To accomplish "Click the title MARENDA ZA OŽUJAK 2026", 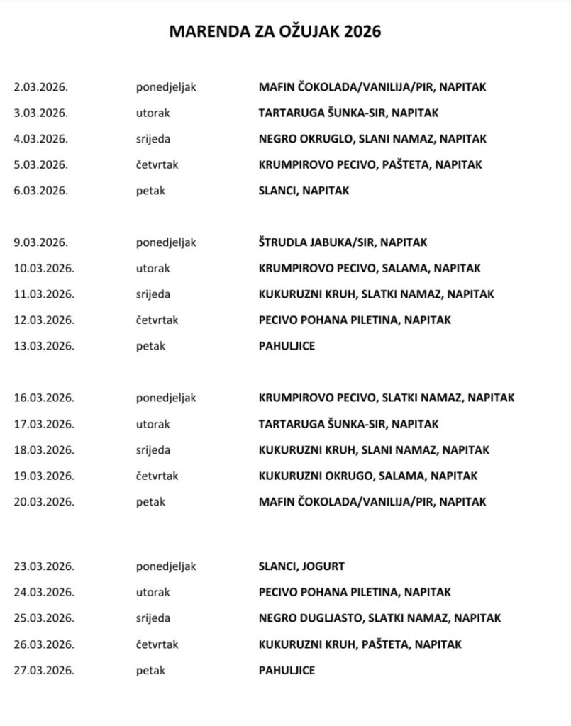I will [275, 31].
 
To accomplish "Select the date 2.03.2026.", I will [40, 87].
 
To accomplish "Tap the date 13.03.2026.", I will [43, 346].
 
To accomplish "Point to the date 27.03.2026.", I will [43, 670].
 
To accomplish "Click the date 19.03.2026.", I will [43, 476].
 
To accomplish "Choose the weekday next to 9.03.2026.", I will [166, 242].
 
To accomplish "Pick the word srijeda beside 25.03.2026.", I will [153, 618].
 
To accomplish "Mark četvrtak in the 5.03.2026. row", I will [157, 164].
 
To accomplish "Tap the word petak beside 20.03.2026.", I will [150, 502].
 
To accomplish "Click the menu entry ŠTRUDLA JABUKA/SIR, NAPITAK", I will [343, 242].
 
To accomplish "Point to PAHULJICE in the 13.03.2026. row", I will [287, 346].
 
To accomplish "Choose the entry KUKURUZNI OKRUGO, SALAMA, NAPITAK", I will [367, 476].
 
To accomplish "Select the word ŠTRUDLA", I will [282, 242].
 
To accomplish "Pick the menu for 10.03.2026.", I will [370, 269].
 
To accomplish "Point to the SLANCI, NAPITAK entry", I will [304, 191].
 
